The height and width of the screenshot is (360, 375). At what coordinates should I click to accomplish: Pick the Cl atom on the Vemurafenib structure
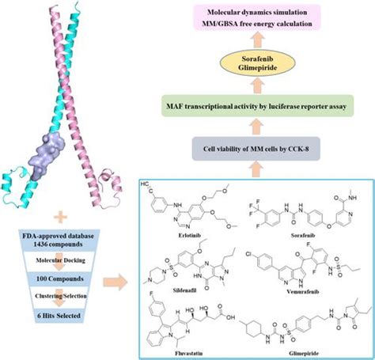[250, 252]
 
